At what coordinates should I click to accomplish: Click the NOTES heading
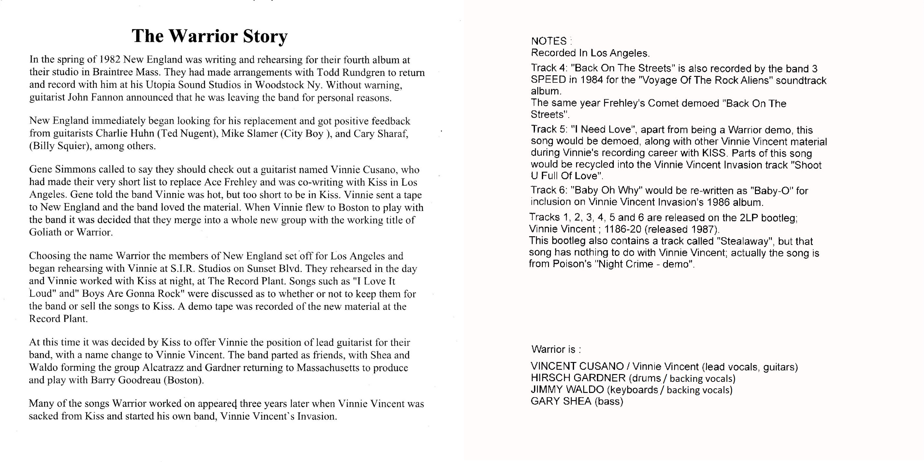pyautogui.click(x=549, y=41)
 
